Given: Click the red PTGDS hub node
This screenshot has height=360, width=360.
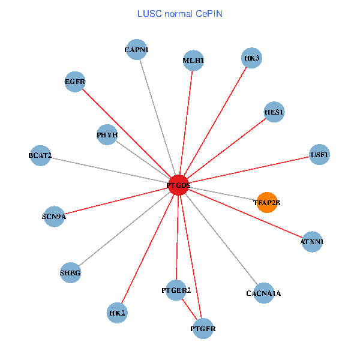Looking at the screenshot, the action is pyautogui.click(x=179, y=185).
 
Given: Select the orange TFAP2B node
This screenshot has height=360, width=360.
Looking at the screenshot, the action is pyautogui.click(x=266, y=203).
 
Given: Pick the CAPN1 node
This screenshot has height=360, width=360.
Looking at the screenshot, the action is pyautogui.click(x=137, y=50).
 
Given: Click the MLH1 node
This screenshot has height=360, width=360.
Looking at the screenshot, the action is pyautogui.click(x=193, y=61).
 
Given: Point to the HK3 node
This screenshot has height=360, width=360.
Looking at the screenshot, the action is pyautogui.click(x=252, y=58).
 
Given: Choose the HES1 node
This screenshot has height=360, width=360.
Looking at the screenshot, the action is pyautogui.click(x=274, y=112).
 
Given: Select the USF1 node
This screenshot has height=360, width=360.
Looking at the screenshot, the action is pyautogui.click(x=319, y=155).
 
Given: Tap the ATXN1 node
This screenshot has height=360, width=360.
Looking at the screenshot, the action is pyautogui.click(x=312, y=242).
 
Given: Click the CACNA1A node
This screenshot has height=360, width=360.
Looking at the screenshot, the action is pyautogui.click(x=263, y=293).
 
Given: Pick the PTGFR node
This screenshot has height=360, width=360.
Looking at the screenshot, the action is pyautogui.click(x=203, y=329).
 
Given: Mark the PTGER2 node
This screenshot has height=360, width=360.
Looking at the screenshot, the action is pyautogui.click(x=176, y=290).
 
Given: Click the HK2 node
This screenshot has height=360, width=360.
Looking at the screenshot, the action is pyautogui.click(x=117, y=313).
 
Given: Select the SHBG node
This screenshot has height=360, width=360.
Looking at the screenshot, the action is pyautogui.click(x=70, y=273).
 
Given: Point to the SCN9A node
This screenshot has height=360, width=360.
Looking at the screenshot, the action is pyautogui.click(x=54, y=216).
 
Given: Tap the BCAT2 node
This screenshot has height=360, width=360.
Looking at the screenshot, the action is pyautogui.click(x=40, y=156).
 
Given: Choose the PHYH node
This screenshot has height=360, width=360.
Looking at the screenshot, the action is pyautogui.click(x=107, y=135).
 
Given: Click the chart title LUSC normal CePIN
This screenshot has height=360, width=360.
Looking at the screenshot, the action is pyautogui.click(x=179, y=13).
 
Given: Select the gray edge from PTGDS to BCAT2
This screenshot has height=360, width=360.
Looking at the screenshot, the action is pyautogui.click(x=108, y=170).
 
